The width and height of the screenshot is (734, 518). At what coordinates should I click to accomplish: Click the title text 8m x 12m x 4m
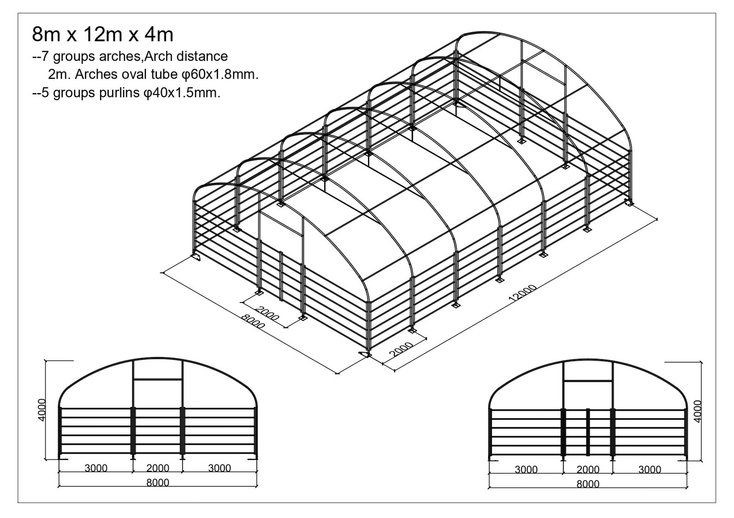click(103, 34)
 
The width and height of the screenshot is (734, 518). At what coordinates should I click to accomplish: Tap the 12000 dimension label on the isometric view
click(523, 292)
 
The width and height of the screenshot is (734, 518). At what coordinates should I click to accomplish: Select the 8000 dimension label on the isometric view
click(253, 321)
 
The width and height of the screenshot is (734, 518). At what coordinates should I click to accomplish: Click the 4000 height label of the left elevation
click(42, 410)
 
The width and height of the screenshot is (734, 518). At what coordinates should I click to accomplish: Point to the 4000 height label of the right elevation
click(698, 411)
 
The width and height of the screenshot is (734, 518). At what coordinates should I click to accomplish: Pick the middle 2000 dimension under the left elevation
click(158, 468)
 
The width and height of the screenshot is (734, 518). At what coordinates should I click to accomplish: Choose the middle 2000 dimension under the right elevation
click(588, 469)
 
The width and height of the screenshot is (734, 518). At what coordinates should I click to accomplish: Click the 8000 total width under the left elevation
click(158, 483)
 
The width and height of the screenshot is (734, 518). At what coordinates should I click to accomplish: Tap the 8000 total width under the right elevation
click(588, 484)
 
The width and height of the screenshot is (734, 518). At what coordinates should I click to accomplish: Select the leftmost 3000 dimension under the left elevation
click(96, 468)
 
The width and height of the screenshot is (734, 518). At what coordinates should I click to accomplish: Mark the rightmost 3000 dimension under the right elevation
click(650, 469)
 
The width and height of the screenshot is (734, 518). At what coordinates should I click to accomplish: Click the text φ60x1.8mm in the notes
click(220, 75)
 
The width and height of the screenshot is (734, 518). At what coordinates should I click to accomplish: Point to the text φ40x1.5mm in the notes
click(182, 94)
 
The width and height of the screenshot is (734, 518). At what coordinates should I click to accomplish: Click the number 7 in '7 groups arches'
click(45, 57)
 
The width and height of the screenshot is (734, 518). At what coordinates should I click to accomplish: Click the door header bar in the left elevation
click(158, 380)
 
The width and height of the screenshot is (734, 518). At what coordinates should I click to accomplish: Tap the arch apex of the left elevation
click(158, 358)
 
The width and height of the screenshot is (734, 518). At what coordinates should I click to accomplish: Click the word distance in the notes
click(202, 57)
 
